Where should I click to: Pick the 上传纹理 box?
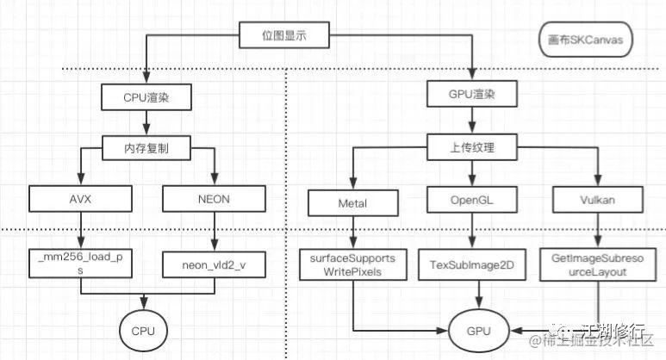(473, 148)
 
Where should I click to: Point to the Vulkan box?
(598, 202)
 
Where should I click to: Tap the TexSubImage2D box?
(471, 264)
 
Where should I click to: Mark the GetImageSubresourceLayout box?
(598, 263)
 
